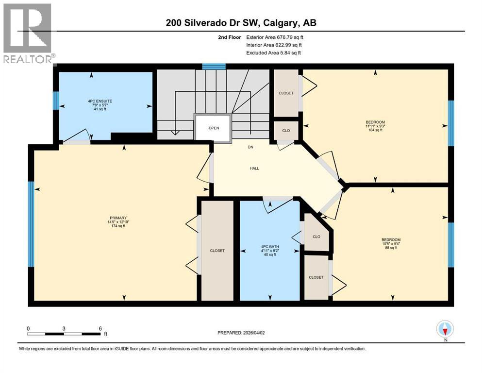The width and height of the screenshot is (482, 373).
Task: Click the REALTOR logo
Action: (x=27, y=33)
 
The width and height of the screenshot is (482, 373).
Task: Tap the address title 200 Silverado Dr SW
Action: (x=241, y=23)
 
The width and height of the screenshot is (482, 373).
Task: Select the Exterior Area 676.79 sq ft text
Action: (x=275, y=37)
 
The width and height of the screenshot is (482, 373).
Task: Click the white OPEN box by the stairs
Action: (x=214, y=128)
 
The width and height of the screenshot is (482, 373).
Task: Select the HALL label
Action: (x=254, y=169)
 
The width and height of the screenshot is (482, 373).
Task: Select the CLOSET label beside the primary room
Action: (x=217, y=251)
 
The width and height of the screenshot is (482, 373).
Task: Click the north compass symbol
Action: (x=445, y=329)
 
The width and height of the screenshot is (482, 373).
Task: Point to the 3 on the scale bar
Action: (x=64, y=328)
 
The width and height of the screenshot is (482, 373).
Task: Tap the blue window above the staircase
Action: (x=214, y=67)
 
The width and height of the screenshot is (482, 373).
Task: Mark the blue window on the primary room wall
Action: (x=31, y=224)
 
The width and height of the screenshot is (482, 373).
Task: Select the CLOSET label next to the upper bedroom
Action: (x=286, y=93)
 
